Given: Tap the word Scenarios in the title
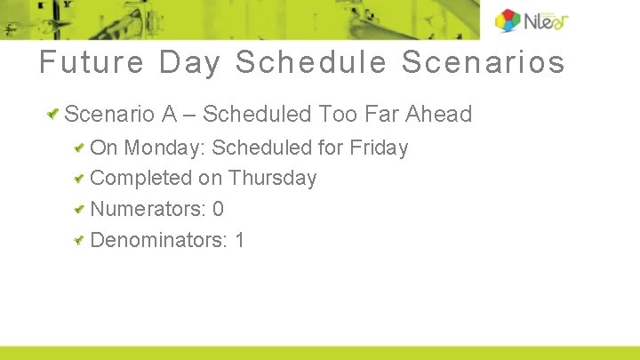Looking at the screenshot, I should coord(484,63).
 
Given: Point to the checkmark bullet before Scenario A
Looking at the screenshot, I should coord(54,114).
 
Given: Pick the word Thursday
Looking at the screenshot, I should coord(272,178).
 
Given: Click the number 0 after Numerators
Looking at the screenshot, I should coord(218,209).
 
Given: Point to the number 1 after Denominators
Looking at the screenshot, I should coord(239,240).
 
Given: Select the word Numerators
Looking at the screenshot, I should coord(148,209).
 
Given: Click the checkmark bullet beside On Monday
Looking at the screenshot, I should coord(80,148).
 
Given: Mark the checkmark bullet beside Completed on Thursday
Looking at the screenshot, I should coord(80,178).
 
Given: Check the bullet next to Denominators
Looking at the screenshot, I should coord(80,240).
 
